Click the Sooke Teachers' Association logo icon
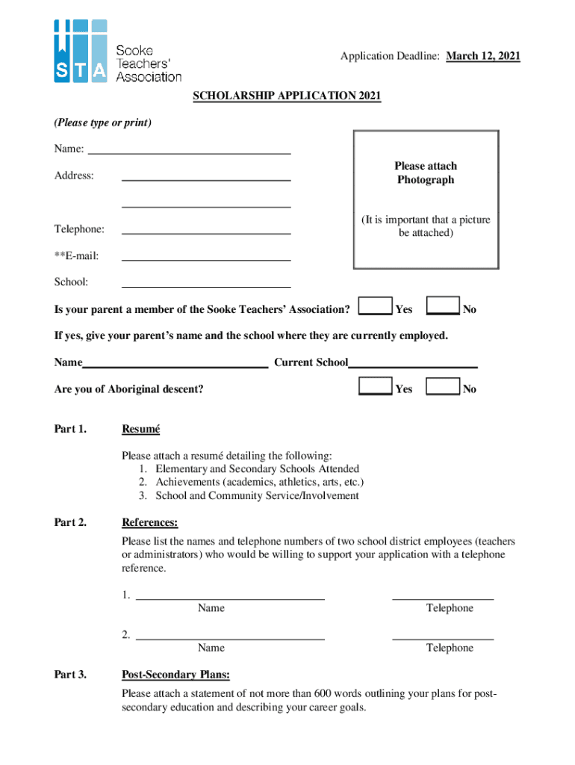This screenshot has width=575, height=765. [x=80, y=50]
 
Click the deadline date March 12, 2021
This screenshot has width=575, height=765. [x=483, y=56]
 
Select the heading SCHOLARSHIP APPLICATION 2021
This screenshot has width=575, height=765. [x=287, y=96]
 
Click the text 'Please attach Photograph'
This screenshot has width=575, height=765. [x=426, y=173]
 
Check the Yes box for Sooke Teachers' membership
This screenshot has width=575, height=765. [x=375, y=307]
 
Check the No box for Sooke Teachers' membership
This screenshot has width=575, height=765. [x=442, y=307]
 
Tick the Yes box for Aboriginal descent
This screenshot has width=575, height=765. [x=375, y=386]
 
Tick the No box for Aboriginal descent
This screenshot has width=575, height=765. [x=442, y=386]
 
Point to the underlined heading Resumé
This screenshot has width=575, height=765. [x=140, y=429]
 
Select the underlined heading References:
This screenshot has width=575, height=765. [x=149, y=522]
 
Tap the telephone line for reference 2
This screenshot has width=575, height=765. [x=443, y=637]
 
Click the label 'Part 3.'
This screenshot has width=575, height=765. [x=70, y=675]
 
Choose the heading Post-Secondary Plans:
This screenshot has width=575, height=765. [x=175, y=675]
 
